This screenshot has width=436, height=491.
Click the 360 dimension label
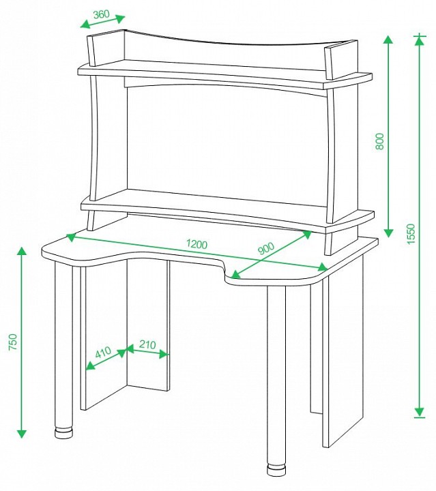tap(101, 14)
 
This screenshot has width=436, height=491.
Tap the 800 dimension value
tap(379, 141)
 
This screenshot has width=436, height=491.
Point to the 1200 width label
tap(197, 243)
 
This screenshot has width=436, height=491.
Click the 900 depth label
tap(265, 249)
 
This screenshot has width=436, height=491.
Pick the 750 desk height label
tap(14, 342)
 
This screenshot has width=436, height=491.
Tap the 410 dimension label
tap(103, 353)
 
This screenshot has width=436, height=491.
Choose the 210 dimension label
tap(147, 344)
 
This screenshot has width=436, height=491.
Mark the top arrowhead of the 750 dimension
tap(22, 251)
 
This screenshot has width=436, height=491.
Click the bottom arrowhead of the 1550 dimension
tap(419, 412)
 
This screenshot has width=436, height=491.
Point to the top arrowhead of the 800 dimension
tap(388, 40)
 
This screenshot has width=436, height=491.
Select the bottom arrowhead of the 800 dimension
tap(388, 233)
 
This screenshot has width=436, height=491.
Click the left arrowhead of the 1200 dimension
tap(72, 237)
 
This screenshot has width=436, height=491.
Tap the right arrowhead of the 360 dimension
tap(120, 18)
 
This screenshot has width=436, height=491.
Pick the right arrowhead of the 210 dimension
tap(164, 354)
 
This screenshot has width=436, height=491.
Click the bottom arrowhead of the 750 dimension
tap(22, 434)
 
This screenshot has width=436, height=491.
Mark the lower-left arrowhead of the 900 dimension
tap(236, 274)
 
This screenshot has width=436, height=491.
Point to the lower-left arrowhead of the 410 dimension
tap(90, 365)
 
